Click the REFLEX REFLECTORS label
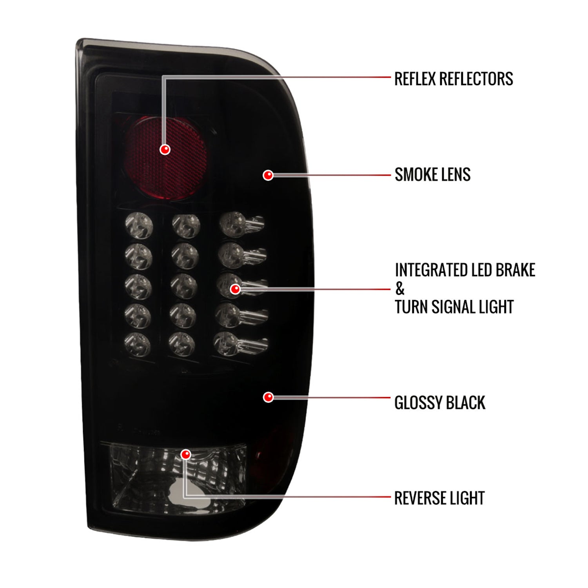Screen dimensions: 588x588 coord(454,79)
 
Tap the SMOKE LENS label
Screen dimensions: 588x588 coord(432,175)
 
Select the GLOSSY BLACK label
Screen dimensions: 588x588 coord(439,403)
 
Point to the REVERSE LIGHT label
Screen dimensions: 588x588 coord(439,498)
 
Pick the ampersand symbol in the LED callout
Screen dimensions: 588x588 coord(400,289)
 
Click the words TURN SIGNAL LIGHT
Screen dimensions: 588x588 coord(454,307)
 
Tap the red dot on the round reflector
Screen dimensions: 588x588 coord(165,149)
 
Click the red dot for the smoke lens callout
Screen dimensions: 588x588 coord(268,175)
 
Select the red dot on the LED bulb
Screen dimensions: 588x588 coord(235,289)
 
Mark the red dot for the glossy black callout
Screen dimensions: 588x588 coord(268,397)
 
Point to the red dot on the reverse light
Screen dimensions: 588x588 coord(186,454)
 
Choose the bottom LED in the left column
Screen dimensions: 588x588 coord(138,344)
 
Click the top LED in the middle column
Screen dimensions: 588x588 coord(186,226)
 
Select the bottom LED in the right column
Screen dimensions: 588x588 coord(227,343)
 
